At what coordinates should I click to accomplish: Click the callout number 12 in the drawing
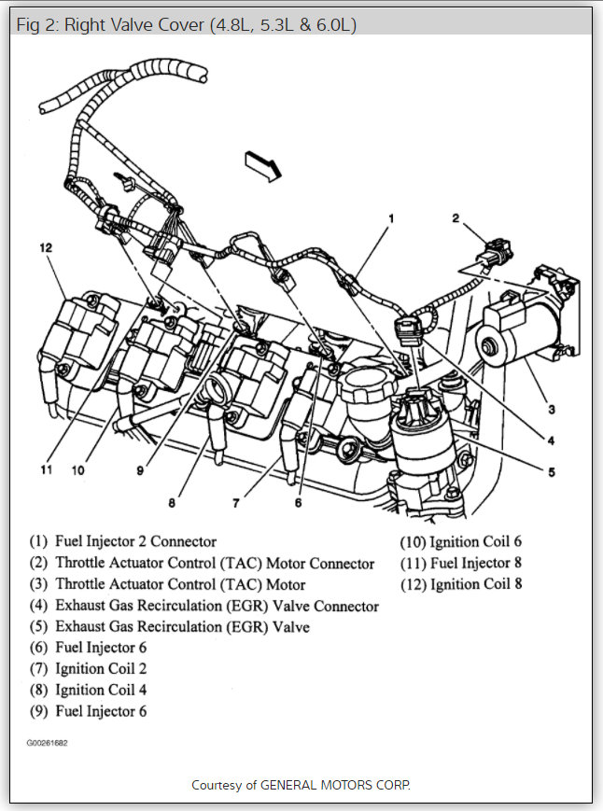click(x=46, y=248)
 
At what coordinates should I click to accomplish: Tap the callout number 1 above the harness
click(x=391, y=218)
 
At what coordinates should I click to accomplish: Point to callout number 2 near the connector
click(x=456, y=218)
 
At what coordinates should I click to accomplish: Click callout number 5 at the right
click(x=552, y=471)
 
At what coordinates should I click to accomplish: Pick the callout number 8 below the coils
click(x=172, y=503)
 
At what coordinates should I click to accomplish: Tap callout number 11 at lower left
click(x=47, y=469)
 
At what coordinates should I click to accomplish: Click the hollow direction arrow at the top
click(x=263, y=165)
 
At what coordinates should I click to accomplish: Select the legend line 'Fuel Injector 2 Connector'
click(x=135, y=541)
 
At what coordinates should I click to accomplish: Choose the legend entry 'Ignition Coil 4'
click(x=101, y=690)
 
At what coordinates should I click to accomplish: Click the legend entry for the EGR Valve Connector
click(x=217, y=606)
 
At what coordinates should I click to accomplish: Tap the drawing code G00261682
click(x=47, y=744)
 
